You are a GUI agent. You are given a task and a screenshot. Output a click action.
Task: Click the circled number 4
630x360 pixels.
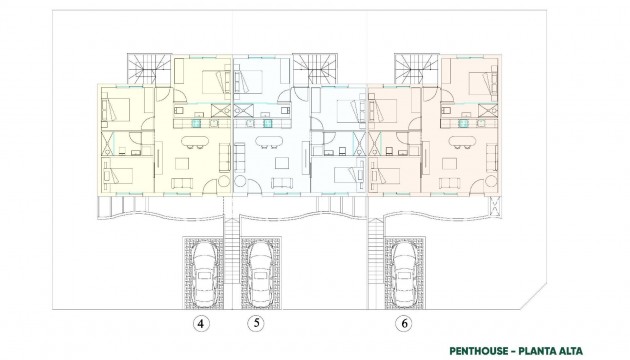(201, 324)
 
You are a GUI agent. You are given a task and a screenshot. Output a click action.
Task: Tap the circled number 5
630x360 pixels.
(257, 324)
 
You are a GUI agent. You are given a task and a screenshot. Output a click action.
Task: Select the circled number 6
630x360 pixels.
(403, 324)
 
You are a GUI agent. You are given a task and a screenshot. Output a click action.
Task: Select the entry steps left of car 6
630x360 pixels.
(377, 262)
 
